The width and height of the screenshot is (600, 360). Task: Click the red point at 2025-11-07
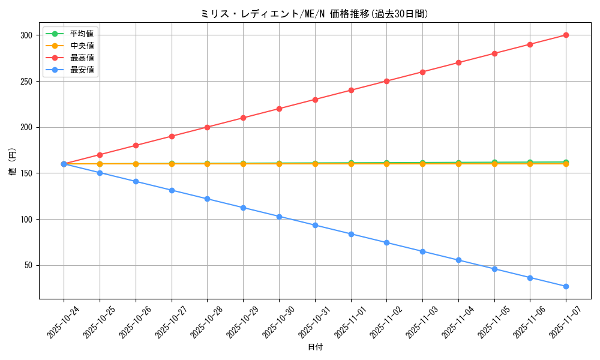click(566, 35)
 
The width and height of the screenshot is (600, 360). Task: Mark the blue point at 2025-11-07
click(566, 286)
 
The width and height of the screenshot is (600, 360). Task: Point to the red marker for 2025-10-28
click(207, 127)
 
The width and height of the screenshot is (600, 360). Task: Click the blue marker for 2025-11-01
click(351, 234)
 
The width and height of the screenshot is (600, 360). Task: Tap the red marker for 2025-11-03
click(422, 72)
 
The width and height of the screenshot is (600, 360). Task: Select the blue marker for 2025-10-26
click(136, 181)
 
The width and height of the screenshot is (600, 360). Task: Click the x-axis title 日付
click(315, 347)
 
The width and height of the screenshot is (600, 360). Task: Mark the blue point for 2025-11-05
click(494, 269)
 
